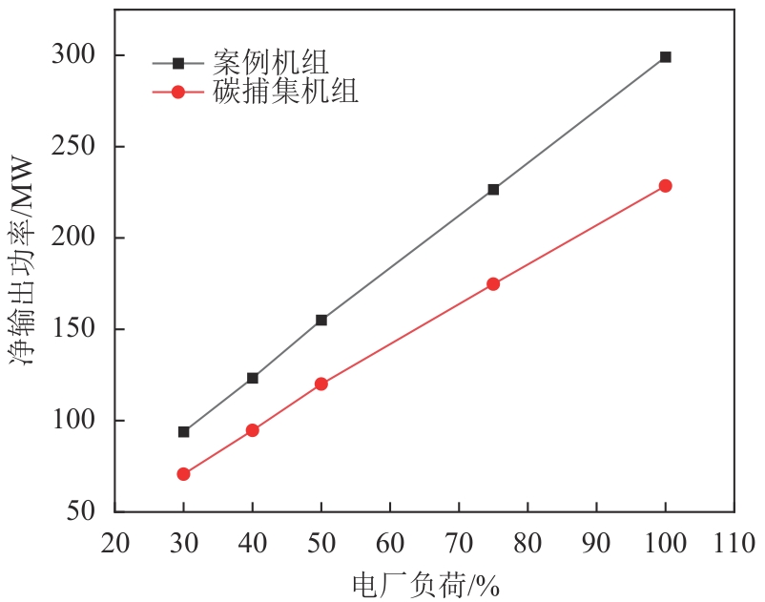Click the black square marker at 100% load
[x=665, y=57]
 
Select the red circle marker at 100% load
[x=665, y=186]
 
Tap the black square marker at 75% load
[x=493, y=190]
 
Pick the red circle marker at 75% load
[x=493, y=283]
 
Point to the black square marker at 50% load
[x=321, y=320]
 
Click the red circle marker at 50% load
[x=321, y=384]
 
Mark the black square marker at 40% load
[x=253, y=378]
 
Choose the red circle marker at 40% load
[x=253, y=430]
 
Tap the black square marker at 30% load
[x=184, y=431]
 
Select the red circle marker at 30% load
[x=184, y=474]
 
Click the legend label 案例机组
[x=271, y=63]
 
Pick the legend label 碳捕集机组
[x=286, y=92]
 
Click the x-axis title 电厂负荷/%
[x=425, y=584]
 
